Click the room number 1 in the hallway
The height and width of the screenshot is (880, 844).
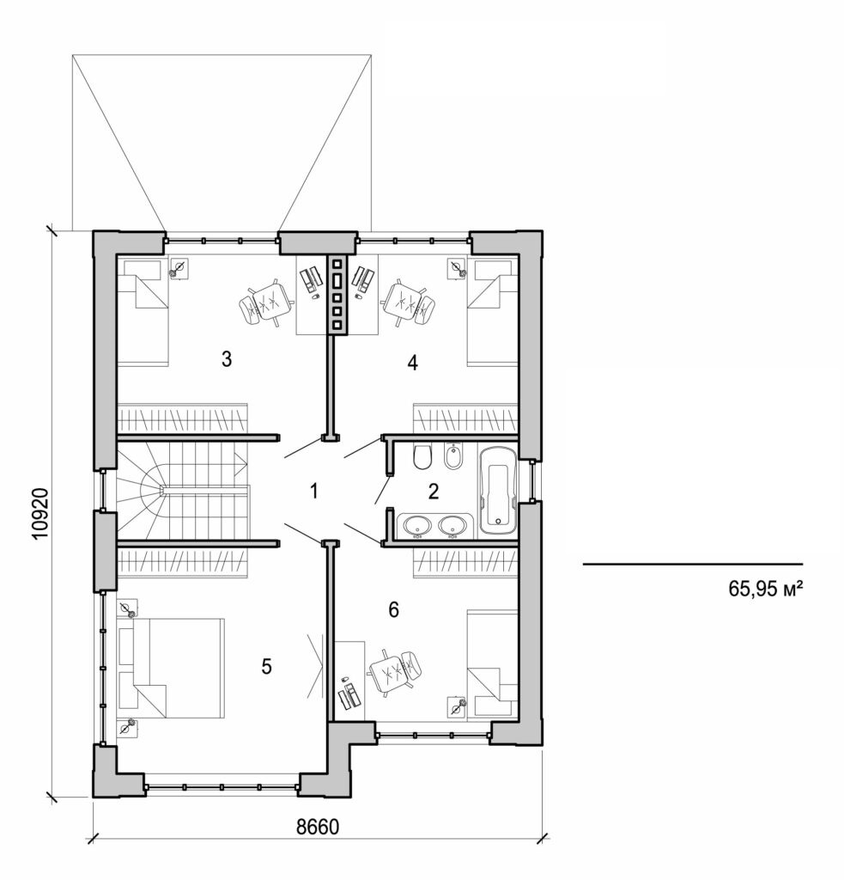coord(314,492)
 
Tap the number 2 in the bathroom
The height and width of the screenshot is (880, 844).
coord(433,492)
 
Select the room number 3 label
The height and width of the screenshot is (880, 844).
coord(227,359)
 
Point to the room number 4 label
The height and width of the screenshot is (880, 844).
coord(412,363)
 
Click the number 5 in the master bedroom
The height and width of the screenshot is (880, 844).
coord(267,666)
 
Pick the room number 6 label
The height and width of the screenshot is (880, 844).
coord(394,610)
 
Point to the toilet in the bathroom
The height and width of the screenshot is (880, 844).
coord(422,459)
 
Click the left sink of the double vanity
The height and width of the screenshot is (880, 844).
coord(417,524)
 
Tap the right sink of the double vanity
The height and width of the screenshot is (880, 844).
coord(452,524)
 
